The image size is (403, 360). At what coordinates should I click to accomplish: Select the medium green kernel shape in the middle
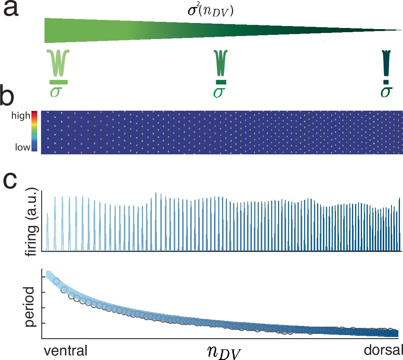tap(221, 64)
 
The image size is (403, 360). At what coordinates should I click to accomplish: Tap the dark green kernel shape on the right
tap(386, 63)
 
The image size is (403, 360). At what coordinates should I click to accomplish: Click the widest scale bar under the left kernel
tap(59, 82)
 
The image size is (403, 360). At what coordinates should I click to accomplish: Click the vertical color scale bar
tap(34, 131)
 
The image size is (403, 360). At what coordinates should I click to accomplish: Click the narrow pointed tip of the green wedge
tap(399, 30)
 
